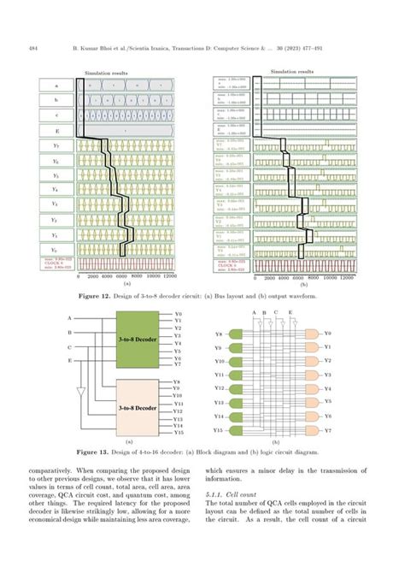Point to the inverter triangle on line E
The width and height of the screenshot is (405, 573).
pyautogui.click(x=80, y=393)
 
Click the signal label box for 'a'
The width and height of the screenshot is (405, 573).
pyautogui.click(x=56, y=86)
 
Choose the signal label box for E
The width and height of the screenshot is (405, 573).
pyautogui.click(x=56, y=131)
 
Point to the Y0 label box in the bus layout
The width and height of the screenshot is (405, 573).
pyautogui.click(x=56, y=249)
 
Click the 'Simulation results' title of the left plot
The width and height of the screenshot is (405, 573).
pyautogui.click(x=105, y=74)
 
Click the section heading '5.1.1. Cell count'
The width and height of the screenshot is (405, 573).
pyautogui.click(x=236, y=495)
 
